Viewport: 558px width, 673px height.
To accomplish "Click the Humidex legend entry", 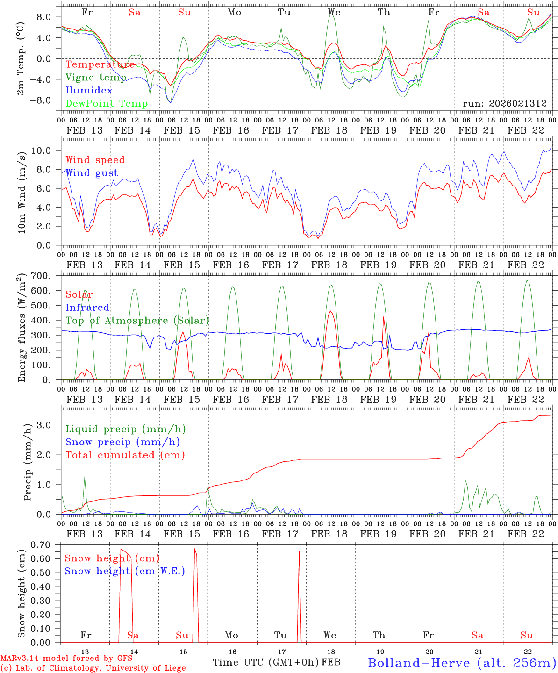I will [89, 91].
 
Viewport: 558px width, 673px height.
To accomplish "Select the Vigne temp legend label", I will [96, 78].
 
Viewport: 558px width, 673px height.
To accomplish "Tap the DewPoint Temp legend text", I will [107, 103].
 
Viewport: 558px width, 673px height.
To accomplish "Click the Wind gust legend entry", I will [92, 173].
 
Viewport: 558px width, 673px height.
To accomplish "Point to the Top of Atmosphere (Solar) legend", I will [137, 321].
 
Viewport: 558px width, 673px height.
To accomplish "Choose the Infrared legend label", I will [87, 308].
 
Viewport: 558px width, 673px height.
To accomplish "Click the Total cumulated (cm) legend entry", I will [125, 455].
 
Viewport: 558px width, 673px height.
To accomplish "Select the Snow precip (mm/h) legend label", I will [122, 442].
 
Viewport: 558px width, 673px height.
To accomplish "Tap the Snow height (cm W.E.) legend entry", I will [125, 571].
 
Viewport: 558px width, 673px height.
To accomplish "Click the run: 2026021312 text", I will [505, 103].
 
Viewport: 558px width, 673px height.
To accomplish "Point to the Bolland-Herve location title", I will [462, 663].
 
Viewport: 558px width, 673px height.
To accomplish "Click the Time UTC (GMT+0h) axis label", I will [265, 662].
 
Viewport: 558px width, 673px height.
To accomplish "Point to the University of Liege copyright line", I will [93, 668].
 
